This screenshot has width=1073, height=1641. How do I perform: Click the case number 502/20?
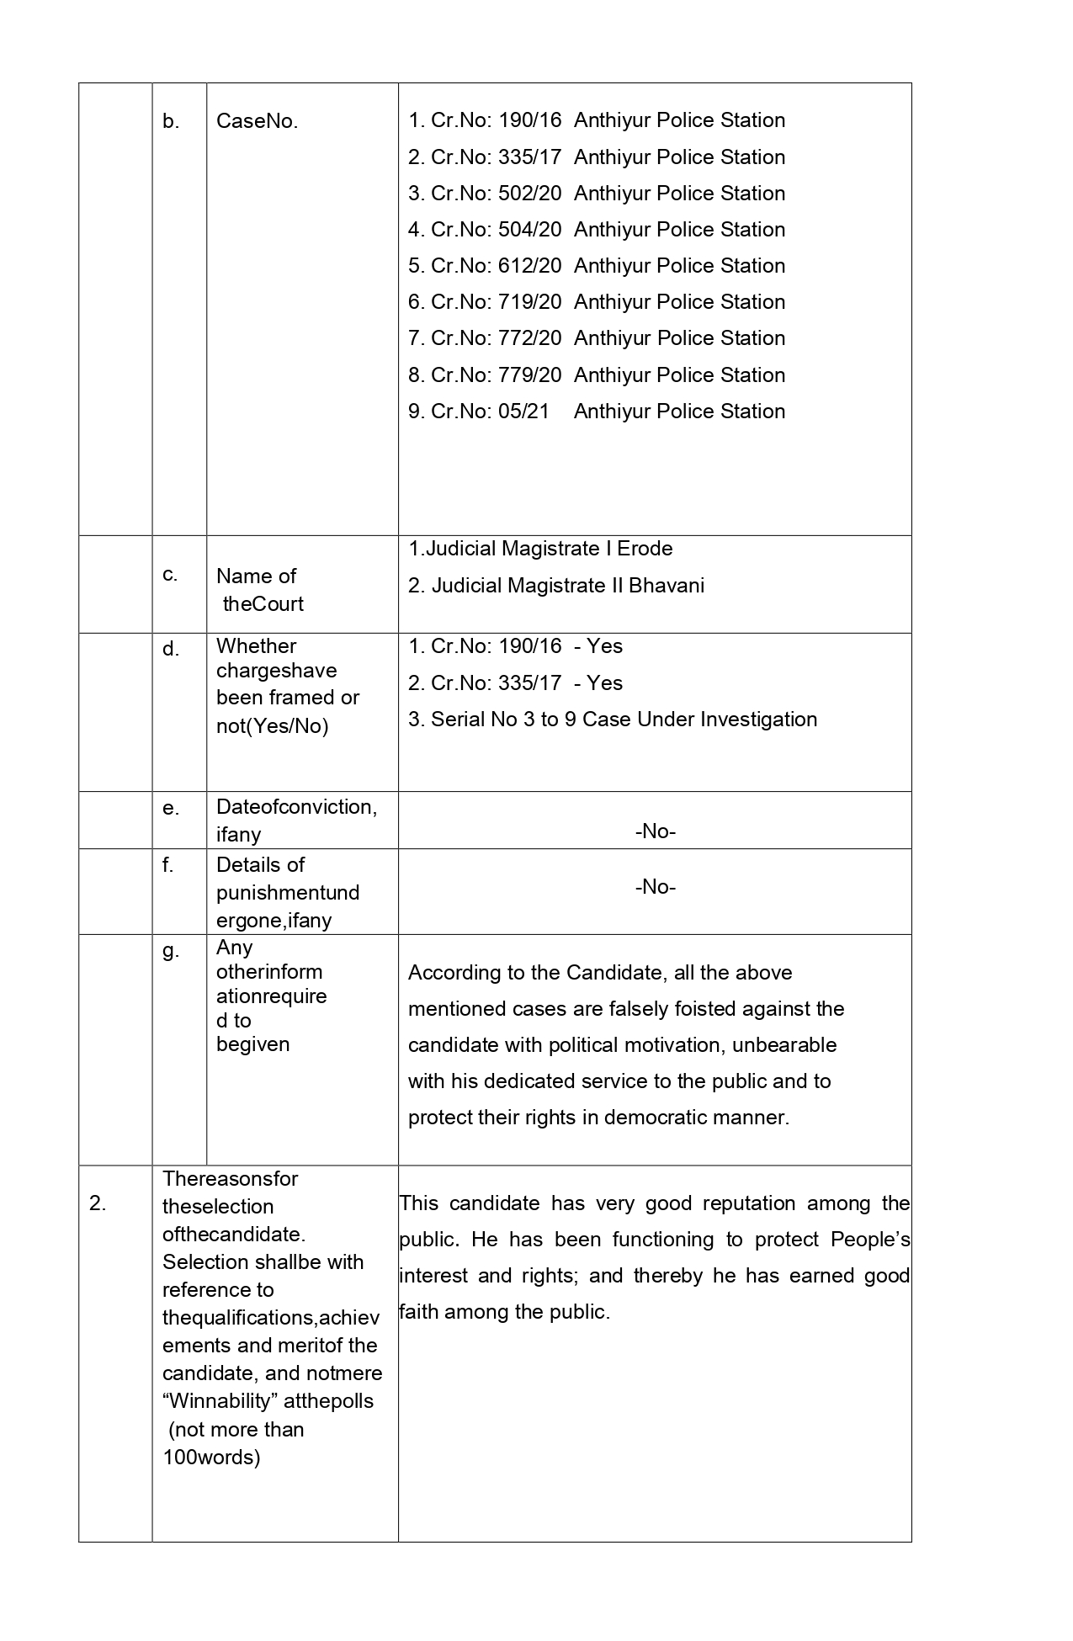(x=529, y=194)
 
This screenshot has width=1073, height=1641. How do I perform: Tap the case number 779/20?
(x=529, y=375)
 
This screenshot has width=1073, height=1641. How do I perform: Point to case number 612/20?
(x=529, y=266)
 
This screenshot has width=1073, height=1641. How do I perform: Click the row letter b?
(x=171, y=122)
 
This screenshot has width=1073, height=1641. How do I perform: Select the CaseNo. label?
(x=257, y=121)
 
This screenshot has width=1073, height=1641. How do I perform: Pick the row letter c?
(x=170, y=575)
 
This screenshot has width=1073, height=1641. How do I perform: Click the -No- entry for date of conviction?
(x=656, y=831)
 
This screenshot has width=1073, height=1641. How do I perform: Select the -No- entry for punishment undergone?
(x=656, y=887)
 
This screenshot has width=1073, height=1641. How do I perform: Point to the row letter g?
(x=171, y=951)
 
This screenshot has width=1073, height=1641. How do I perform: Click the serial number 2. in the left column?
(x=98, y=1204)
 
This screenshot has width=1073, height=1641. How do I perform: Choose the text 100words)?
(x=211, y=1457)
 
